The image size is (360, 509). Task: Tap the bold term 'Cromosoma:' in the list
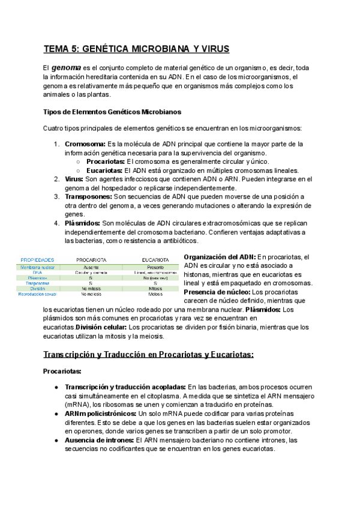(x=85, y=144)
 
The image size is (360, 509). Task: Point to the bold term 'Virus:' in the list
(x=74, y=179)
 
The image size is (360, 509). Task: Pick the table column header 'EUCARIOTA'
(x=154, y=260)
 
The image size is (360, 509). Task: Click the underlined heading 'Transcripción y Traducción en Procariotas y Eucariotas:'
(x=148, y=355)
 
